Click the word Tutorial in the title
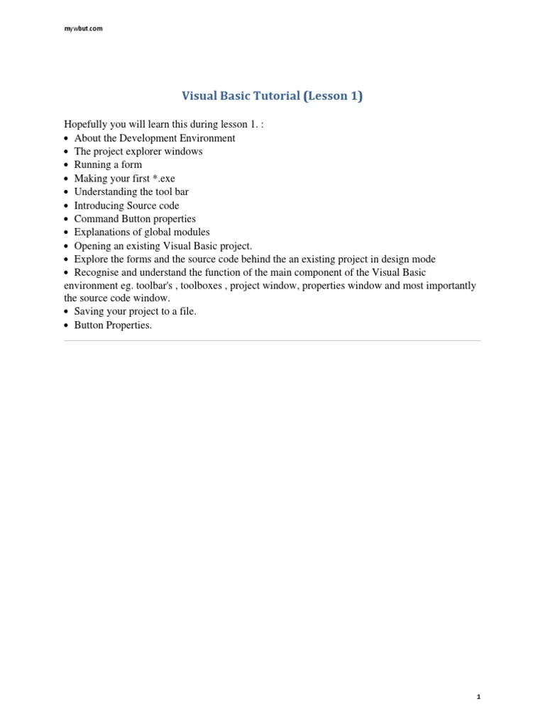coord(274,96)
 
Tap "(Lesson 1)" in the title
coord(333,96)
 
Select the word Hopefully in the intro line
coord(84,125)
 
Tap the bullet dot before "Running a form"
coord(67,165)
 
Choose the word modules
coord(191,233)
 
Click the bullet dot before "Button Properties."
coord(67,326)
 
